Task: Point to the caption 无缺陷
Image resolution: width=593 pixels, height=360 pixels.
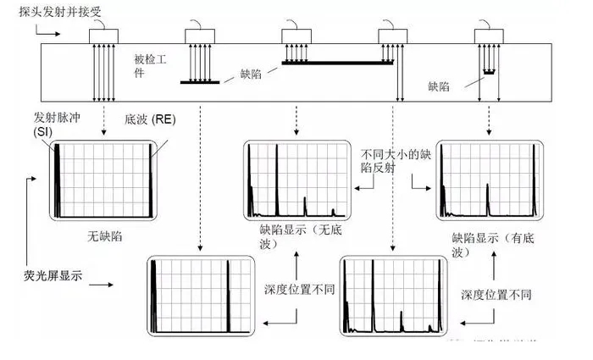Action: [105, 236]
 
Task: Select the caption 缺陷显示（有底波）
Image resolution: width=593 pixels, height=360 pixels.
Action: [489, 246]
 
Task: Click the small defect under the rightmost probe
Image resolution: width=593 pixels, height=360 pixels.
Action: [488, 73]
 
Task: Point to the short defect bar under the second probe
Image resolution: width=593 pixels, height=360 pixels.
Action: [200, 82]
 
